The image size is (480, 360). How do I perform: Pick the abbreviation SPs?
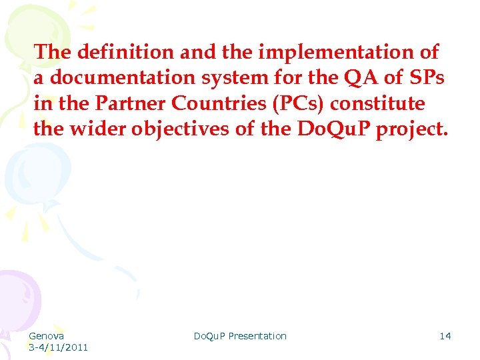tap(427, 77)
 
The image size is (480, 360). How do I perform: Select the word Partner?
tap(126, 103)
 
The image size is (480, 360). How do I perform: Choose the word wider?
tap(98, 129)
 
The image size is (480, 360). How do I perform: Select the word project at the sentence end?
tap(413, 129)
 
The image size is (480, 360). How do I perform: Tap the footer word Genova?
tap(47, 336)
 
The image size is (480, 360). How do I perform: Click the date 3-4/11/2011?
tap(58, 347)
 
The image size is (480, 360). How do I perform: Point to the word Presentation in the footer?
tap(257, 336)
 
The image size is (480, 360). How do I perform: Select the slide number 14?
tap(445, 336)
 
